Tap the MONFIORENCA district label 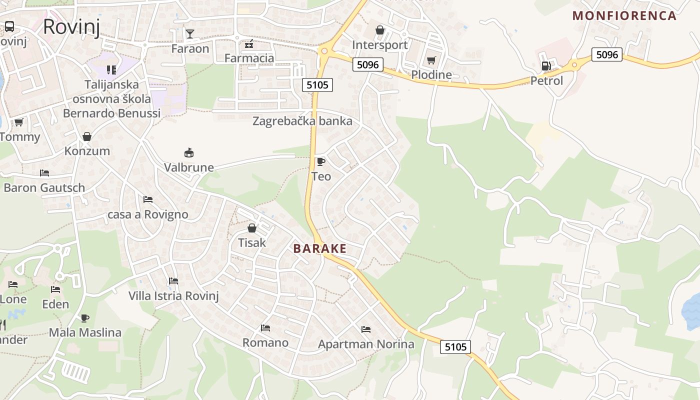(624, 15)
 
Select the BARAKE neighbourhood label (319, 248)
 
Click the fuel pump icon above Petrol (546, 65)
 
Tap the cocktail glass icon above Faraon (190, 33)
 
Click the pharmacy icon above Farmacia (249, 44)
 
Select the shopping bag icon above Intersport (380, 30)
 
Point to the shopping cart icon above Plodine (431, 60)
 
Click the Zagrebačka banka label (302, 121)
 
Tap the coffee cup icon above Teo (320, 161)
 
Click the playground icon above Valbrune (189, 152)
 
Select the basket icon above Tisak (252, 228)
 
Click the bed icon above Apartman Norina (366, 329)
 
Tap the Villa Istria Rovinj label (173, 295)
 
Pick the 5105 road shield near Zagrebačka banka (317, 85)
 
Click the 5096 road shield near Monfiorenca (606, 54)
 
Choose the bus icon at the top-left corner (9, 26)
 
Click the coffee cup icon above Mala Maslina (85, 318)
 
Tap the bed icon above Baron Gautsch (44, 173)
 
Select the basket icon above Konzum (87, 136)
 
